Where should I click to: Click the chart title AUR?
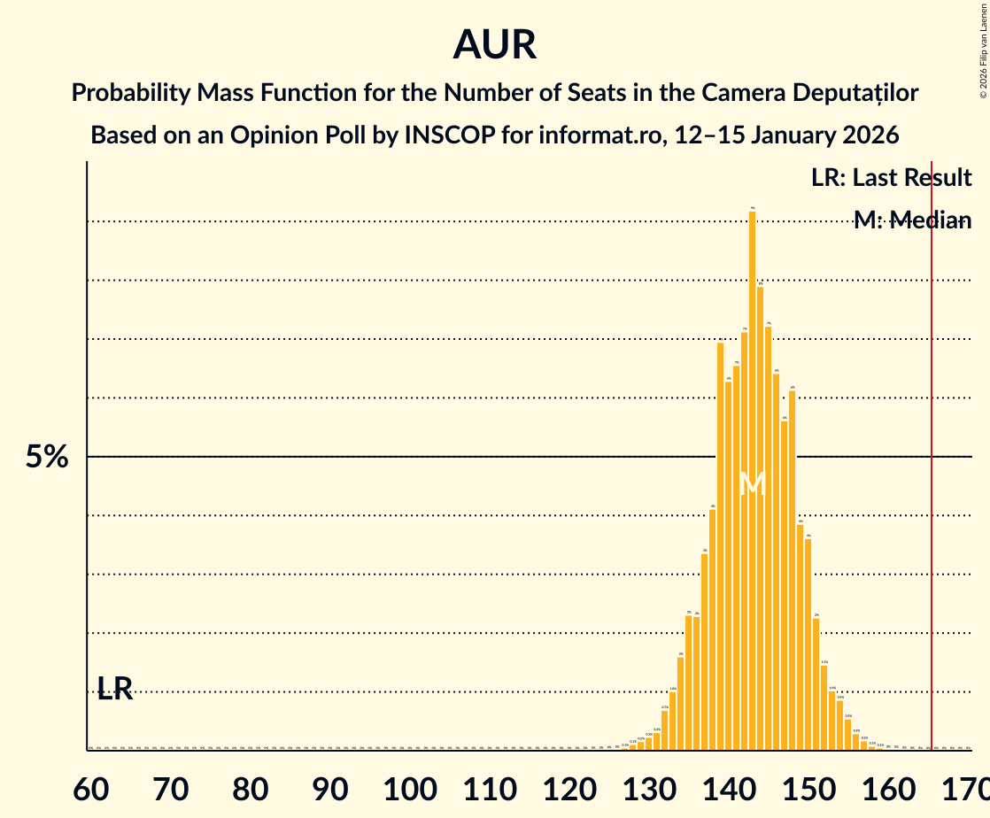click(495, 44)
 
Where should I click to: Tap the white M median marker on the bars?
click(752, 483)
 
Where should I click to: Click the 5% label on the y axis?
click(46, 457)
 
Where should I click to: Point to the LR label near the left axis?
click(115, 689)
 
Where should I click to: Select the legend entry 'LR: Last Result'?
click(891, 178)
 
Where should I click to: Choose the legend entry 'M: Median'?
click(912, 220)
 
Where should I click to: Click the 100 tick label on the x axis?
click(408, 787)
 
